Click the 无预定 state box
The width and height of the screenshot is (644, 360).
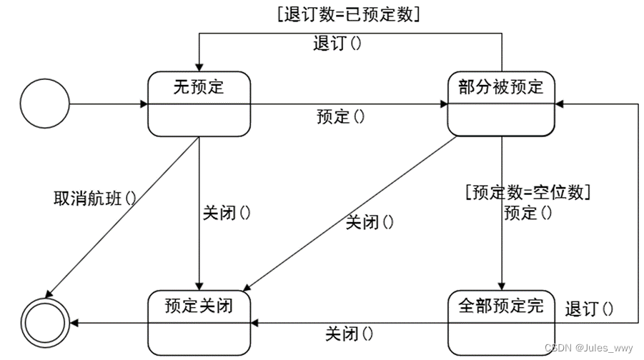point(199,104)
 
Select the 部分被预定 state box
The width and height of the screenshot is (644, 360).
point(501,104)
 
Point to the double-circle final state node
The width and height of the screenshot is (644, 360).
point(45,324)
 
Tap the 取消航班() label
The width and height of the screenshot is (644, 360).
point(94,197)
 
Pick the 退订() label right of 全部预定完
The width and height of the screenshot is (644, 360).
point(589,309)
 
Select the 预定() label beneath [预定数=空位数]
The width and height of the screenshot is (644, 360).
point(528,212)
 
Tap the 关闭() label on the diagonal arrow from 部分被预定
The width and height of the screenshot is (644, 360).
point(370,222)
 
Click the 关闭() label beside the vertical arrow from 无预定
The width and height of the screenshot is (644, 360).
point(227,212)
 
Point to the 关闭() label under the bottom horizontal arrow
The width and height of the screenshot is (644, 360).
point(350,334)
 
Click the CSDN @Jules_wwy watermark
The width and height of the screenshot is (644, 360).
point(588,348)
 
